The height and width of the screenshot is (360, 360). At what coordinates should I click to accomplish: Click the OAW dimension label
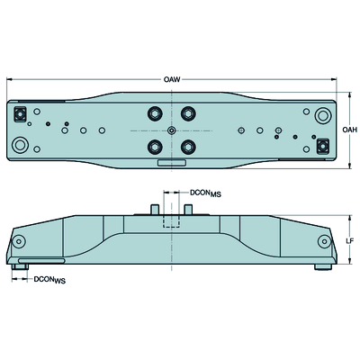tap(172, 79)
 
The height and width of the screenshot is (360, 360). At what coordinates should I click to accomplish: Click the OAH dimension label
tap(350, 130)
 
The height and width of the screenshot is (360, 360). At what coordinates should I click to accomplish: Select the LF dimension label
tap(350, 240)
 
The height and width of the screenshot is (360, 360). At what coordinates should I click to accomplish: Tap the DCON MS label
tap(205, 193)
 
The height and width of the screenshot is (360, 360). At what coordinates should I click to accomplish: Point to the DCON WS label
tap(49, 280)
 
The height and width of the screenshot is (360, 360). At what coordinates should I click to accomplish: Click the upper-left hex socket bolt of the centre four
tap(155, 113)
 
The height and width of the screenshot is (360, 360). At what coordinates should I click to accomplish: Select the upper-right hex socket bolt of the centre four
tap(188, 113)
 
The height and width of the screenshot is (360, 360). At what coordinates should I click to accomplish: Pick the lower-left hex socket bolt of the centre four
tap(155, 147)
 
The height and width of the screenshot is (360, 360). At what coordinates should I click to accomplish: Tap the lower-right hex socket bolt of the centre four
tap(188, 147)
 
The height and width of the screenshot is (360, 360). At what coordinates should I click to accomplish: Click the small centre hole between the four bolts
tap(171, 130)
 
